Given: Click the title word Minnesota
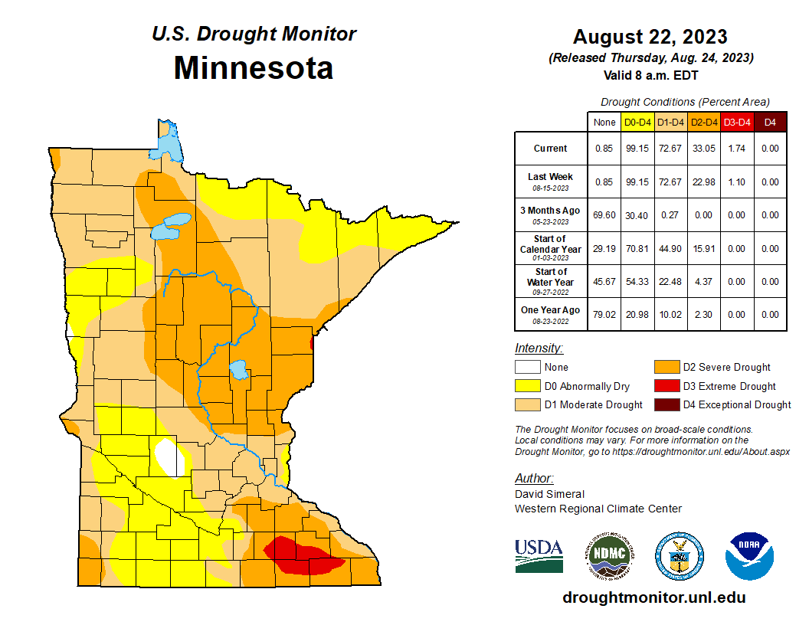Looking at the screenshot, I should pos(253,68).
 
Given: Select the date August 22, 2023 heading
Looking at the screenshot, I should pos(650,37).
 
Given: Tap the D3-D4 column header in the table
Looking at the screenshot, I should pos(737,122).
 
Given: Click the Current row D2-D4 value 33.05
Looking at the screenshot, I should pos(703,149).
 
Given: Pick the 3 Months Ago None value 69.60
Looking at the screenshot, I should pos(604,216).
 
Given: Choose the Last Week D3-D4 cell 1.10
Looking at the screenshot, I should pos(737,182).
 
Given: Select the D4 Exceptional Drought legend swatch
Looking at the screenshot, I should pos(666,404).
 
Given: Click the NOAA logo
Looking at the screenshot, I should pos(749,555).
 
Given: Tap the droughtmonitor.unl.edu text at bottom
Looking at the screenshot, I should pos(653,597).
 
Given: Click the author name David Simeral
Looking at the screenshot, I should pos(549,494).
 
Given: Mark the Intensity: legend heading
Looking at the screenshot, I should pos(539,348).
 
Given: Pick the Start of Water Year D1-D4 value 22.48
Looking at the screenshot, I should pos(670,282).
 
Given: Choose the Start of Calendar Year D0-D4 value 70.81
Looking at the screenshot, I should pos(637,249).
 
